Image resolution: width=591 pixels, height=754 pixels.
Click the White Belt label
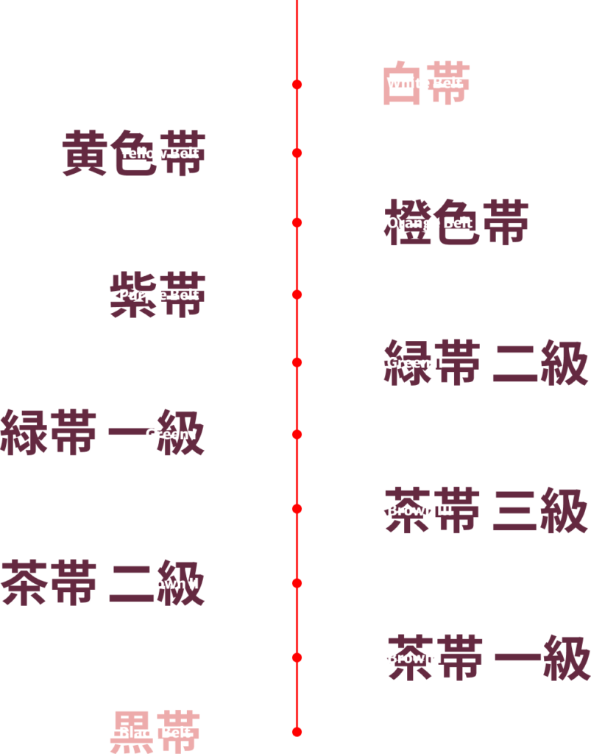point(425,83)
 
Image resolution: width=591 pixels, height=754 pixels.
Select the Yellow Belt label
point(160,153)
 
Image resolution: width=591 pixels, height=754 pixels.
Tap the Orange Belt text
point(429,222)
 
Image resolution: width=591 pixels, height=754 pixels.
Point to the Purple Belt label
point(159,295)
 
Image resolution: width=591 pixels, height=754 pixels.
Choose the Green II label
point(415,362)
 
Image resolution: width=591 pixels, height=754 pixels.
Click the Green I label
point(171,434)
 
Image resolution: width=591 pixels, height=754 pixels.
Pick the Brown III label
point(420,510)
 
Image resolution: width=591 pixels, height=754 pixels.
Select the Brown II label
point(169,583)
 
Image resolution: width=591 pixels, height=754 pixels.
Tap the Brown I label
point(414,658)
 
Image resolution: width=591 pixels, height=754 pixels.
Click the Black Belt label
point(155,733)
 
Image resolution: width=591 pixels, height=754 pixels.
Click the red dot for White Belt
point(297,85)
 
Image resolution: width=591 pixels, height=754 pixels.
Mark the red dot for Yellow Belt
point(297,153)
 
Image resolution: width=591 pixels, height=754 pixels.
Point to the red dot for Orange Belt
point(297,222)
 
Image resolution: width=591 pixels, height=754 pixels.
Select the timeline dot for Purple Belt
point(297,295)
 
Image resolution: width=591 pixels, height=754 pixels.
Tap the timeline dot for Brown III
point(297,509)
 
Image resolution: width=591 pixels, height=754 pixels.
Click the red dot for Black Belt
point(297,732)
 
